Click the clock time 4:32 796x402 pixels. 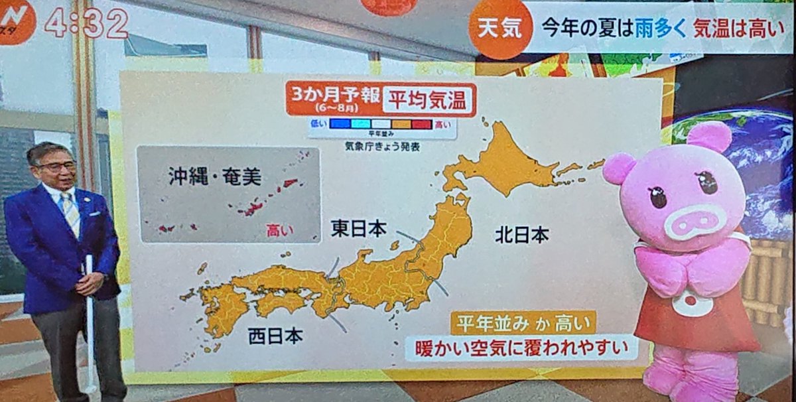pos(86,24)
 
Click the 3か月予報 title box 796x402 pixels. pos(332,98)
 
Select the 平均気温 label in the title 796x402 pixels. pos(428,100)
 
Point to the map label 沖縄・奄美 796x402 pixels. pos(214,176)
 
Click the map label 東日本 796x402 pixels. pos(358,229)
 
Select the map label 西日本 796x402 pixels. pos(275,336)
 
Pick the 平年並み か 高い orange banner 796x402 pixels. pos(523,322)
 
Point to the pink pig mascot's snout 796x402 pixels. pos(695,222)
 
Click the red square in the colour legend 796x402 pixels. pos(421,123)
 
